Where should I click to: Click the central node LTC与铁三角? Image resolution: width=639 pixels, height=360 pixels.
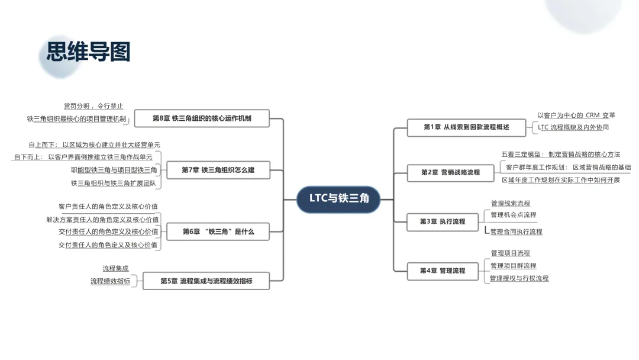[x=339, y=198]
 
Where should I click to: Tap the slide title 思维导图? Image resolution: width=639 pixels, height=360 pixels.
[x=89, y=52]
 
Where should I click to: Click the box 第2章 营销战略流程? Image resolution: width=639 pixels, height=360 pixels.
[x=450, y=172]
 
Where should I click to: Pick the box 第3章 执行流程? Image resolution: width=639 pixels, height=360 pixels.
[x=443, y=221]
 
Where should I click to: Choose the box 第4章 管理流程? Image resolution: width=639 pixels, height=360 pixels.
[x=443, y=271]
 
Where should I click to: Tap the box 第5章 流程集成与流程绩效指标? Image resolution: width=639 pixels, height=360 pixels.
[x=206, y=281]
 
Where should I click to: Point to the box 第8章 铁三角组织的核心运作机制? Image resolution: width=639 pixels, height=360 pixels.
[x=202, y=118]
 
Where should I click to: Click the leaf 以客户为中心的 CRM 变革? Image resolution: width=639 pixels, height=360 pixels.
[x=576, y=115]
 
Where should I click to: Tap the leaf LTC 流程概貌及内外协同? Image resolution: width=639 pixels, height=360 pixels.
[x=573, y=127]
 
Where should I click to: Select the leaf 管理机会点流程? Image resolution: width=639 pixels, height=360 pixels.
[x=514, y=215]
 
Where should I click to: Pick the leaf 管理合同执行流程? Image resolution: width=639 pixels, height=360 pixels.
[x=516, y=232]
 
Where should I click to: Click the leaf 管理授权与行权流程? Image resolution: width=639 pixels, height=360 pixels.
[x=519, y=278]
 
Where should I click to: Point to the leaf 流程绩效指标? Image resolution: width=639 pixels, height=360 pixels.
[x=110, y=281]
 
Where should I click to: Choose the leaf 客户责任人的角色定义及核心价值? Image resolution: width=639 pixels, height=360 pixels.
[x=108, y=207]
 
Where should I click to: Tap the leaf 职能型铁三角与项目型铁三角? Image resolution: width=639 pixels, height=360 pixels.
[x=114, y=170]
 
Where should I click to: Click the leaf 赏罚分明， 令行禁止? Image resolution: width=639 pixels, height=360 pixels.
[x=93, y=106]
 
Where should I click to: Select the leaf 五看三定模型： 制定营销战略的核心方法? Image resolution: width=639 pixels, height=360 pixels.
[x=560, y=155]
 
